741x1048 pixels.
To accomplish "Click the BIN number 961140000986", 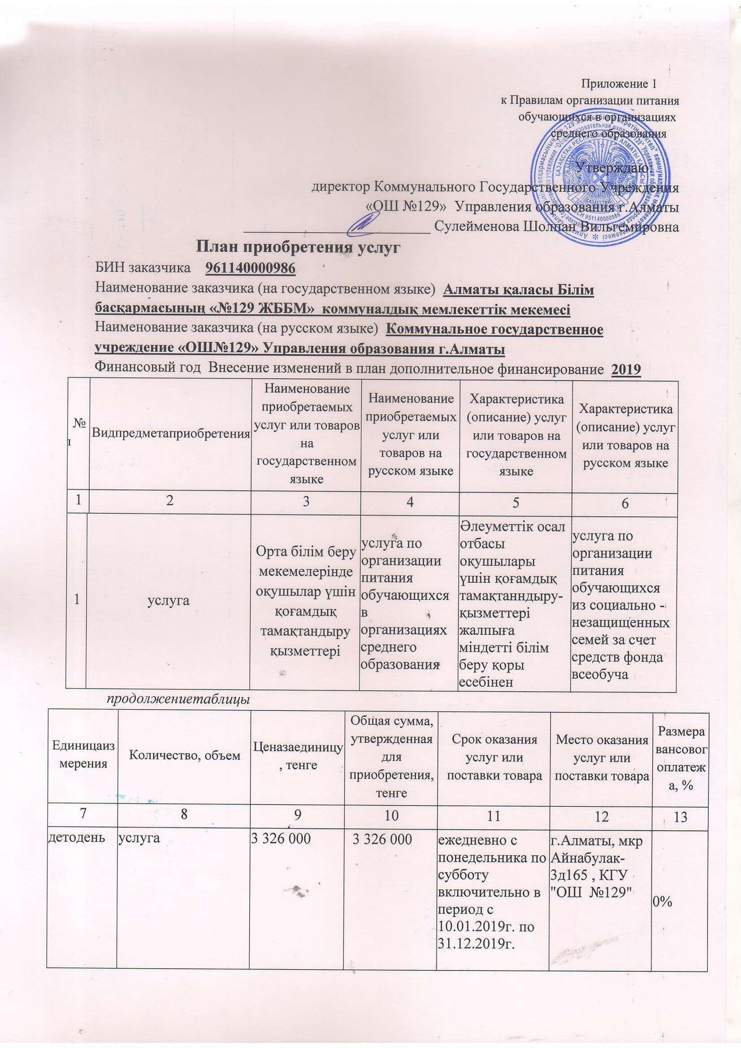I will coord(251,268).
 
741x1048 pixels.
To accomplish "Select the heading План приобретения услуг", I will coord(298,247).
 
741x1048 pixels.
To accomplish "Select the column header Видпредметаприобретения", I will coord(171,433).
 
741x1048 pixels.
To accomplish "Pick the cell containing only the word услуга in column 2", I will coord(168,600).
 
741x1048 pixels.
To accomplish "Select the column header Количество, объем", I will coord(184,755).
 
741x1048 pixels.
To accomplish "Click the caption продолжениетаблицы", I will coord(178,699).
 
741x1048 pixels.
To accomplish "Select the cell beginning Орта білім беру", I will coord(305,600).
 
